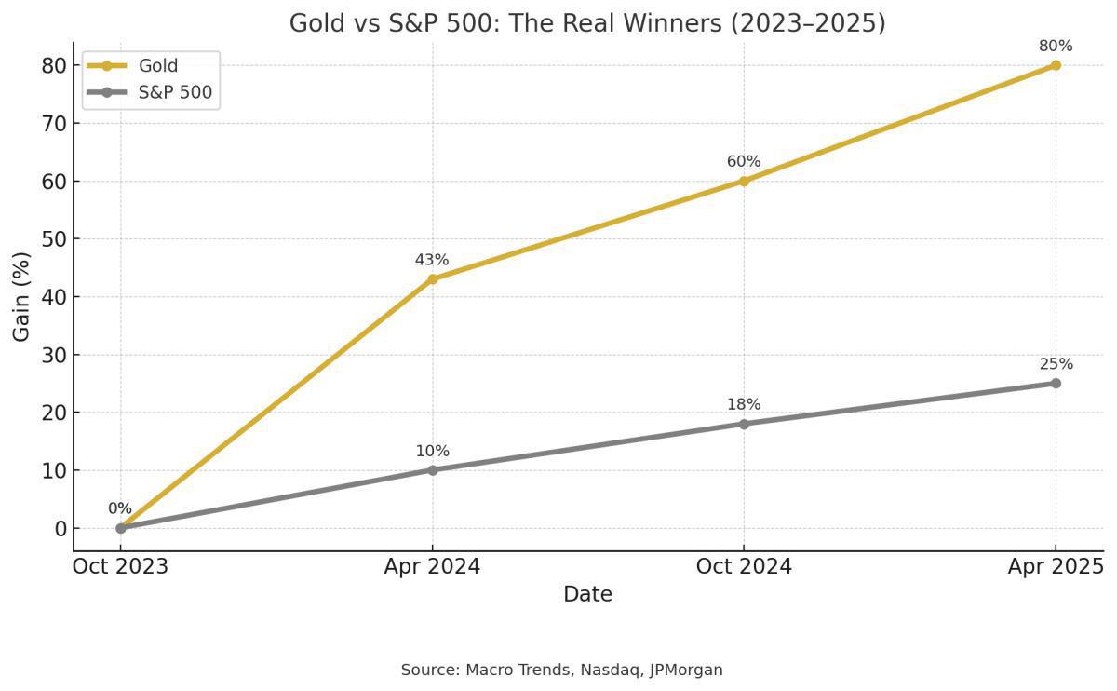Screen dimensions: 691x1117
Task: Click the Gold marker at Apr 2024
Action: click(x=432, y=278)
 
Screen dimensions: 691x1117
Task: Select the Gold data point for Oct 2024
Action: click(x=744, y=181)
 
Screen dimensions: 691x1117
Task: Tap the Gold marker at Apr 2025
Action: click(x=1056, y=65)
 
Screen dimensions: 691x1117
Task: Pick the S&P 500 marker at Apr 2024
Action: click(x=432, y=470)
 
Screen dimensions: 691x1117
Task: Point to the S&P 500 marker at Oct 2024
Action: click(x=744, y=424)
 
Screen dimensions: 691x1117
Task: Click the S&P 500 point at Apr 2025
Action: click(x=1056, y=384)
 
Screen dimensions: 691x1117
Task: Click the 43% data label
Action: click(x=432, y=260)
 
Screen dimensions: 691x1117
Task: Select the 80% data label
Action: click(x=1056, y=47)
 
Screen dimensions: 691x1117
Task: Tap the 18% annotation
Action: click(x=744, y=405)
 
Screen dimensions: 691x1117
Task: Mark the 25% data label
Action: click(x=1056, y=364)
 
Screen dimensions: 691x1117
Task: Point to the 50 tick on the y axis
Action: click(x=55, y=239)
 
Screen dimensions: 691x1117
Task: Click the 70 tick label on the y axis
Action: click(x=55, y=123)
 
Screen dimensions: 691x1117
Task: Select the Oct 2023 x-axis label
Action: click(x=120, y=566)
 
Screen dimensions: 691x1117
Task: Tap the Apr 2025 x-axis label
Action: click(x=1056, y=566)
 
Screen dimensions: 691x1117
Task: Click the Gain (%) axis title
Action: click(x=22, y=296)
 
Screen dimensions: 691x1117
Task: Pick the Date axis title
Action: click(x=587, y=594)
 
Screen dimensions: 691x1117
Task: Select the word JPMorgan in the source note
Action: click(x=686, y=670)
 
